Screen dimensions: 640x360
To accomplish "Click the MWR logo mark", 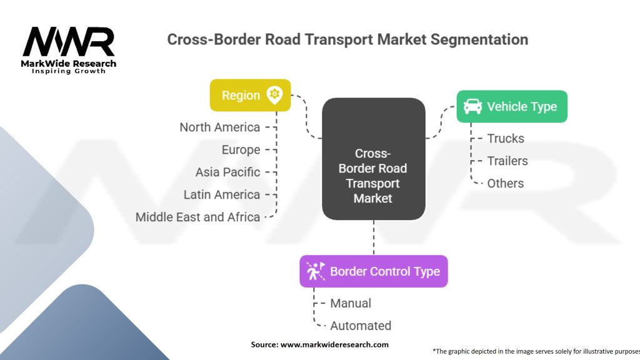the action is pyautogui.click(x=69, y=42).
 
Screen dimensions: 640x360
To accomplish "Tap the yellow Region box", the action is pyautogui.click(x=250, y=95).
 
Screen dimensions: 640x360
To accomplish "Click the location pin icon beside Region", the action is pyautogui.click(x=274, y=95).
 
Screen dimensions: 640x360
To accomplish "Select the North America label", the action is pyautogui.click(x=219, y=127).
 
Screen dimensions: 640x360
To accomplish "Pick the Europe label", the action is pyautogui.click(x=241, y=150).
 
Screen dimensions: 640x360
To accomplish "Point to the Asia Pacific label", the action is pyautogui.click(x=227, y=172).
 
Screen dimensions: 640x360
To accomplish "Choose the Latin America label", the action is pyautogui.click(x=222, y=195).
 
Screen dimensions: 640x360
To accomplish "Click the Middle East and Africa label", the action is pyautogui.click(x=197, y=217).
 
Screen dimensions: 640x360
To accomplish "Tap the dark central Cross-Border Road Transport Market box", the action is pyautogui.click(x=374, y=159).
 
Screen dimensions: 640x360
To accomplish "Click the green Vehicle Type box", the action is pyautogui.click(x=512, y=106).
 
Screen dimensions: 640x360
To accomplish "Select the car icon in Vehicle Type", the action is pyautogui.click(x=472, y=106).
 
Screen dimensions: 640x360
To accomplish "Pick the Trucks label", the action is pyautogui.click(x=506, y=138).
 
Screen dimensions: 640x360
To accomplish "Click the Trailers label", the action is pyautogui.click(x=507, y=161).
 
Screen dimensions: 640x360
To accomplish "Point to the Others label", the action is pyautogui.click(x=505, y=183).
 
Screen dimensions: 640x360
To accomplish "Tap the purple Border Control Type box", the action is pyautogui.click(x=374, y=271).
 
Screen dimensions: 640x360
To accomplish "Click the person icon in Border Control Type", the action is pyautogui.click(x=316, y=271).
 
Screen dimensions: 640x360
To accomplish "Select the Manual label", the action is pyautogui.click(x=351, y=303).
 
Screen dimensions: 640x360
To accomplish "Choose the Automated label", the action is pyautogui.click(x=361, y=326).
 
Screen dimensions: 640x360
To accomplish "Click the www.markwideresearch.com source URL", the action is pyautogui.click(x=334, y=344).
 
